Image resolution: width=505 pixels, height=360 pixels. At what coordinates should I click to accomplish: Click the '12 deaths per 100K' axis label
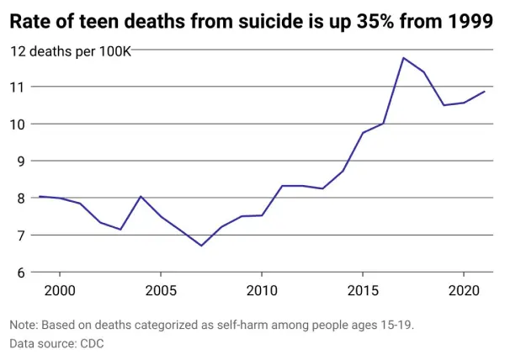pos(70,51)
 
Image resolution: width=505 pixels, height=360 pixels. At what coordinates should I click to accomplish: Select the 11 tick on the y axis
pos(17,87)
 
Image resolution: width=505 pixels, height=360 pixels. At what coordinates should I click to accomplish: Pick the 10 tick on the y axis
pos(17,124)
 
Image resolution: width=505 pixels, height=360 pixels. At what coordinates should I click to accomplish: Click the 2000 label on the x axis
pos(59,290)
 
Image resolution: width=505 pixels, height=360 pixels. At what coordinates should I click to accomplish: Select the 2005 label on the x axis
pos(160,290)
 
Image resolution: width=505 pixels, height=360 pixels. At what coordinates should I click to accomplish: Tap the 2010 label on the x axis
pos(261,290)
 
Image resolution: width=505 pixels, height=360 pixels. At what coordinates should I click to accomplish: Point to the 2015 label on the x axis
pos(362,290)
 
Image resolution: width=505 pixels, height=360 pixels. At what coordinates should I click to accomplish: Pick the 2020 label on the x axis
pos(463,290)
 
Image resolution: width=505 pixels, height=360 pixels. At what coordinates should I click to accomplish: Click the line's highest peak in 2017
pos(403,58)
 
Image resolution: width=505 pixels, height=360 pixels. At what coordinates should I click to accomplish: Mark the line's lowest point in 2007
pos(201,246)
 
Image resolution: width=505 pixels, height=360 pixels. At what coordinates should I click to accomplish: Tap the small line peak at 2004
pos(141,197)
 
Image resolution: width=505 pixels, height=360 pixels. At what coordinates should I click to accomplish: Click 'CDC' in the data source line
pos(91,344)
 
